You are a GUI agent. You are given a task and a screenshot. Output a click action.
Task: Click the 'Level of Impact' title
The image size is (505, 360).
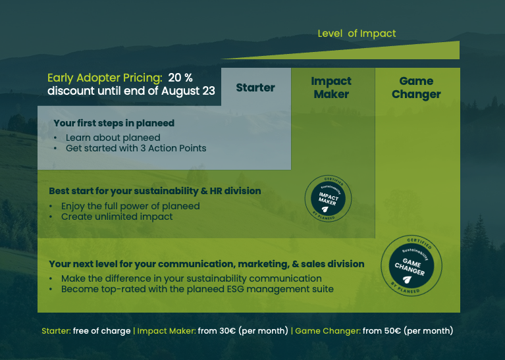[356, 34]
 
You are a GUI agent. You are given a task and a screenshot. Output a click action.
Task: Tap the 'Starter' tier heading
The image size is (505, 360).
[255, 88]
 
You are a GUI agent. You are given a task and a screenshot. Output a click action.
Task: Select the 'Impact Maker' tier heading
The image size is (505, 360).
[331, 88]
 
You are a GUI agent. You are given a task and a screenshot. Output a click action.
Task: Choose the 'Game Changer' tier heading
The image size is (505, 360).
[416, 88]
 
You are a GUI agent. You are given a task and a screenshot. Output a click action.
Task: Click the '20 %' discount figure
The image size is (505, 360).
[180, 78]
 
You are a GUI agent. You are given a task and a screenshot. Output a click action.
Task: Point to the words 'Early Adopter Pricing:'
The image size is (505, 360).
[105, 78]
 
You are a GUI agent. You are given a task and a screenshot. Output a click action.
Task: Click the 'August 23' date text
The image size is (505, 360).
[188, 91]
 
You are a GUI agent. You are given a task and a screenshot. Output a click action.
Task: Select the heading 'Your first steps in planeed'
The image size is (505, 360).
[114, 123]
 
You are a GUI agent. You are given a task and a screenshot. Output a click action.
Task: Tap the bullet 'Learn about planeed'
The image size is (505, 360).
[113, 138]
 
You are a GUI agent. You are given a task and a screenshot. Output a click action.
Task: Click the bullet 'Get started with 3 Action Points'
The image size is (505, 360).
[136, 148]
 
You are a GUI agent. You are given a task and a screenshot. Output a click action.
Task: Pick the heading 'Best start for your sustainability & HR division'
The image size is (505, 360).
[155, 191]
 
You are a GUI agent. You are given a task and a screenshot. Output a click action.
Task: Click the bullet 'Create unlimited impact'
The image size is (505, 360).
[117, 217]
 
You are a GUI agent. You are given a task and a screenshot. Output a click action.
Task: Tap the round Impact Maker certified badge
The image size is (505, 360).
[328, 198]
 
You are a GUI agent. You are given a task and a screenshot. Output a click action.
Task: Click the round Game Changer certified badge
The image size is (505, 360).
[412, 266]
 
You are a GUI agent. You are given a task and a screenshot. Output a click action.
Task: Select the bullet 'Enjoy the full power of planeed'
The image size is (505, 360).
[130, 206]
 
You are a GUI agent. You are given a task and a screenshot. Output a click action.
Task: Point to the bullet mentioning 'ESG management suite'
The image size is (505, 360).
[198, 289]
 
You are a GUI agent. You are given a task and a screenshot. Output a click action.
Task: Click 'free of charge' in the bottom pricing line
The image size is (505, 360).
[102, 331]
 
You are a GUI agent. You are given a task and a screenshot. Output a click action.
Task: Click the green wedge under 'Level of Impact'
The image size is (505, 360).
[386, 53]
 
